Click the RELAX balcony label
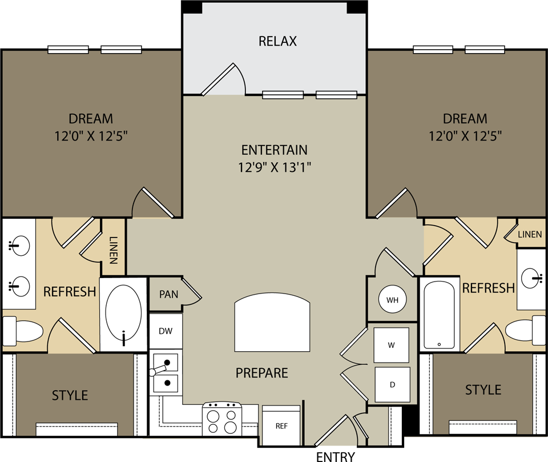278,41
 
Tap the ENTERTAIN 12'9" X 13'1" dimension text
275,167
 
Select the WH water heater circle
392,300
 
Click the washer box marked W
392,344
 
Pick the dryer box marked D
392,384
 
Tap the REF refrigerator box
281,425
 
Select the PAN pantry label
168,295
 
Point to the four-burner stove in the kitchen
222,421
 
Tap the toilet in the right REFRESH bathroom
525,330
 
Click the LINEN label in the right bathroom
530,235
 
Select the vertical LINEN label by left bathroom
113,250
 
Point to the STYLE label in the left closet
70,395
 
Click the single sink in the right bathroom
532,278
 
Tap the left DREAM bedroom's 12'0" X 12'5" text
91,136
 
